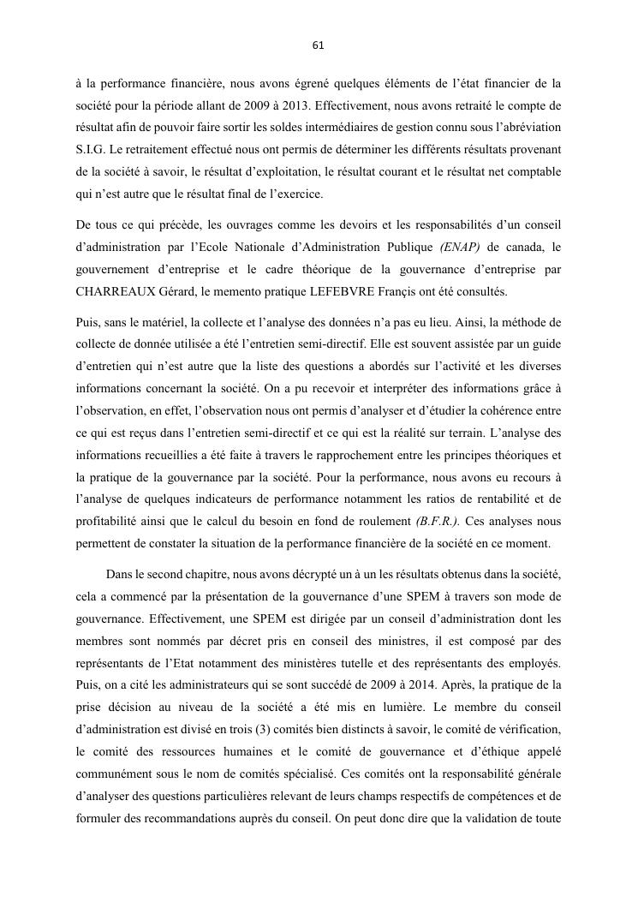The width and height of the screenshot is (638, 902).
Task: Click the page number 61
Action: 319,45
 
